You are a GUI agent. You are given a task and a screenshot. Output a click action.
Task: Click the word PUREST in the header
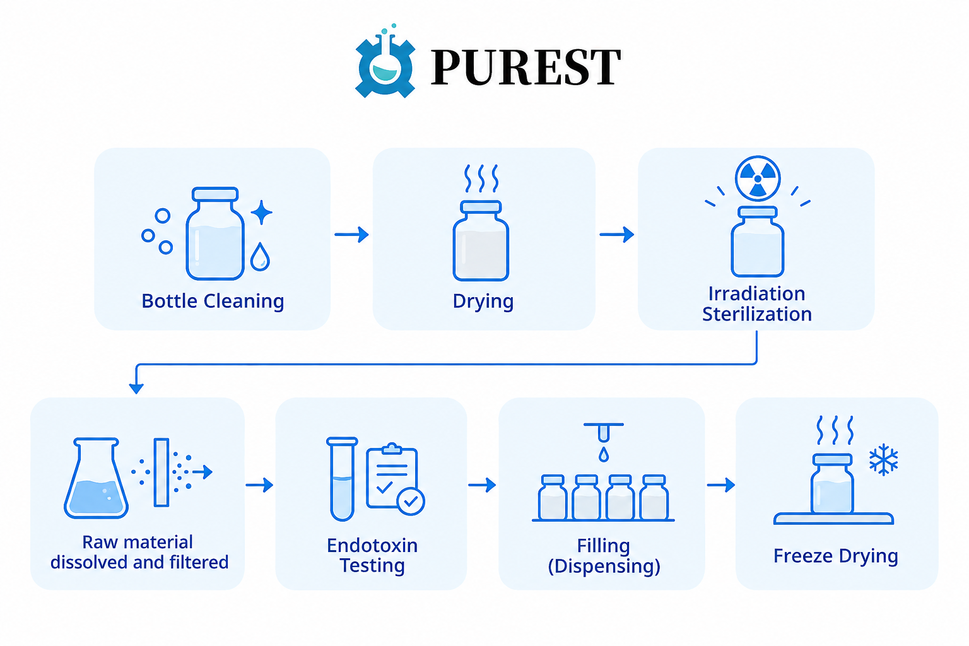point(525,67)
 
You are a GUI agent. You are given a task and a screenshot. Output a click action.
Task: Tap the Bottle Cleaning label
point(213,301)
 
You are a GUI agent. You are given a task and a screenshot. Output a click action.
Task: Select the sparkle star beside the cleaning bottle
point(261,213)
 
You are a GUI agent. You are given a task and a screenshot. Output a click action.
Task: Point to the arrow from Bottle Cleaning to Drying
point(351,235)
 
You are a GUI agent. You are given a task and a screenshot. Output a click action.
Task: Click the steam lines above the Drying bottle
point(481,179)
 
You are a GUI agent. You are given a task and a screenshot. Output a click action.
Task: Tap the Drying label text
point(483,301)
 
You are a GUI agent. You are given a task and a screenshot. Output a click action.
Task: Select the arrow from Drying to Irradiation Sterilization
point(617,235)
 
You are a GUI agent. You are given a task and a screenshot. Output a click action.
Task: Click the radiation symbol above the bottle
point(758,179)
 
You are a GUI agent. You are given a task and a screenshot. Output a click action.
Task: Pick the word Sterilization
point(756,314)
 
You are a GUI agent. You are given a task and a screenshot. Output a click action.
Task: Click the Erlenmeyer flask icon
point(96,478)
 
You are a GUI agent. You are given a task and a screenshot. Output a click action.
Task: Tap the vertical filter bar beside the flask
point(161,472)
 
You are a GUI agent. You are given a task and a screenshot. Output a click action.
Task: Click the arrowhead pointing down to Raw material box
point(136,388)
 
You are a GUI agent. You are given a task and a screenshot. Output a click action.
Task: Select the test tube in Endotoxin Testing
point(342,479)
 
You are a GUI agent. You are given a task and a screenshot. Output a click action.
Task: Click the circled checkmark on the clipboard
point(411,502)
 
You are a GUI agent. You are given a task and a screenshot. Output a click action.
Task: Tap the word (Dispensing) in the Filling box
point(604,566)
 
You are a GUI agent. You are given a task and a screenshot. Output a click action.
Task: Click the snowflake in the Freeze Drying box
point(884,459)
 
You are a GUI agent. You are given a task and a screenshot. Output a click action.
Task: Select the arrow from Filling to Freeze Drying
point(721,485)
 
